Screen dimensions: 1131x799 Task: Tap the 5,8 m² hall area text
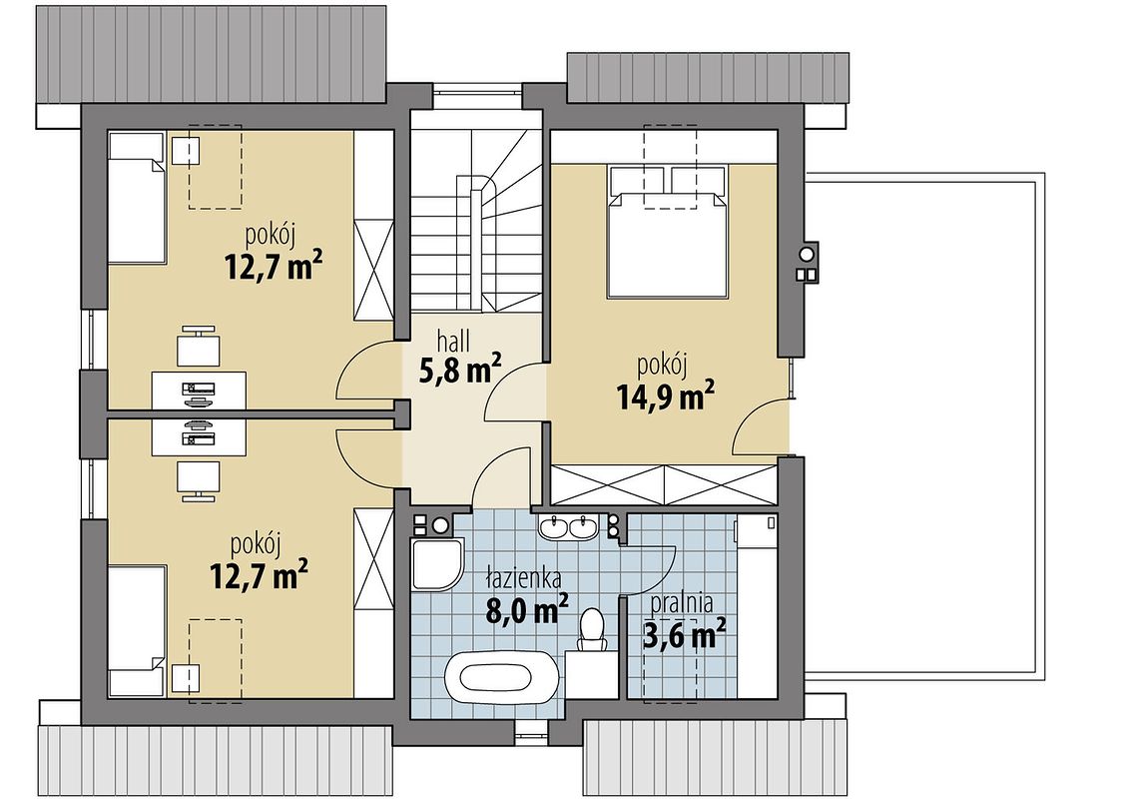459,369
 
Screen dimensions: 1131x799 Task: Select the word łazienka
523,578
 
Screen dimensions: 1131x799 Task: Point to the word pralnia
681,602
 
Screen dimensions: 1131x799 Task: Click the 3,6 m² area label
683,634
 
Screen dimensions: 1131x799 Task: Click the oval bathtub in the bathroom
499,676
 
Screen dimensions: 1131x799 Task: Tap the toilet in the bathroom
593,628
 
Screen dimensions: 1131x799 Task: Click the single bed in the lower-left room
137,632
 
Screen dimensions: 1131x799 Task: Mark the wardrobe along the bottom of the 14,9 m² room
664,485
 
